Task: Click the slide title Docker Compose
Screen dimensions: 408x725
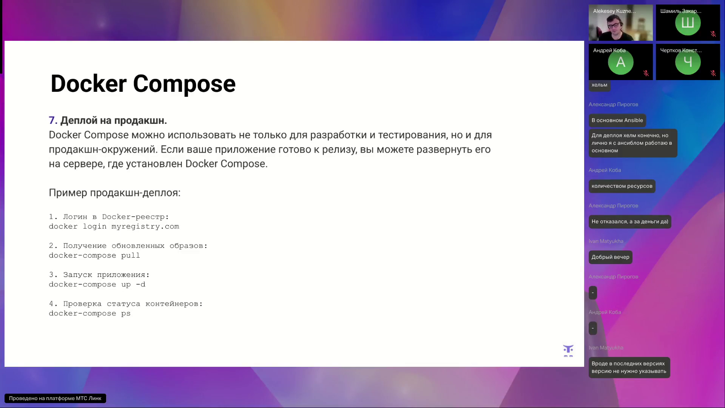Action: pyautogui.click(x=143, y=83)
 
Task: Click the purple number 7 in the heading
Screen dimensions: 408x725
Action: pyautogui.click(x=52, y=121)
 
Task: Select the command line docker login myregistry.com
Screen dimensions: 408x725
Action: pyautogui.click(x=114, y=226)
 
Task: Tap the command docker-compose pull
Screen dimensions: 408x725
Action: pyautogui.click(x=94, y=255)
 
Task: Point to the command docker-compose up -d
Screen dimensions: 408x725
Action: pyautogui.click(x=97, y=284)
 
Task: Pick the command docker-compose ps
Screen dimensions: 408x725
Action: pyautogui.click(x=89, y=313)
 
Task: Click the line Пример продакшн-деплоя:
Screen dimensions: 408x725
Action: pyautogui.click(x=114, y=193)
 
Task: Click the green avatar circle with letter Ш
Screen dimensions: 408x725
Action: pyautogui.click(x=688, y=23)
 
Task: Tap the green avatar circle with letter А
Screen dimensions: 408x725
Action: pyautogui.click(x=620, y=62)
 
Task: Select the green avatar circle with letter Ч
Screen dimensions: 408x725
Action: pyautogui.click(x=688, y=62)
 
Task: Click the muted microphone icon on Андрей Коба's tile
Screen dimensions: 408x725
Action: pyautogui.click(x=646, y=73)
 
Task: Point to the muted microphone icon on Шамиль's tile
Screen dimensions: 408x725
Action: pyautogui.click(x=713, y=34)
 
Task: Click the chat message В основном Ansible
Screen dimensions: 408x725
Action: pyautogui.click(x=617, y=121)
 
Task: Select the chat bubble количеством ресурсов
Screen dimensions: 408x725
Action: pyautogui.click(x=622, y=186)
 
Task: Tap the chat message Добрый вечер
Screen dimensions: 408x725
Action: pyautogui.click(x=610, y=257)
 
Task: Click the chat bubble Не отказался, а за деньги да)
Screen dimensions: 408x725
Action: pyautogui.click(x=629, y=222)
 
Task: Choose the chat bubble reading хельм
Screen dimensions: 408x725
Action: pyautogui.click(x=599, y=85)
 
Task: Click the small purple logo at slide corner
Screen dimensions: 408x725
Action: pyautogui.click(x=568, y=350)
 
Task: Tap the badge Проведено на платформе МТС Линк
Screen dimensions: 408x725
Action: pyautogui.click(x=55, y=398)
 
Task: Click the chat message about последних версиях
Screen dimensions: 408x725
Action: pyautogui.click(x=629, y=368)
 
